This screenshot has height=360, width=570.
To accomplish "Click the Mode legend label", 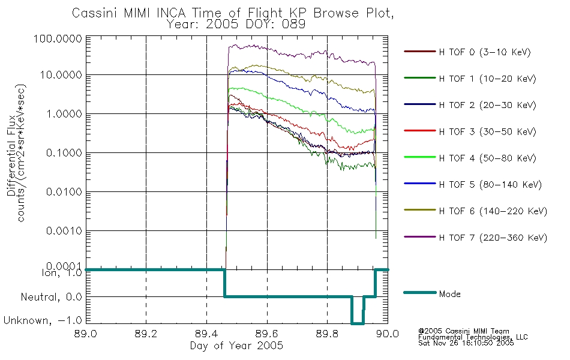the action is coord(449,294).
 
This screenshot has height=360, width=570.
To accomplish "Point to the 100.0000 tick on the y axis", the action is coord(58,39).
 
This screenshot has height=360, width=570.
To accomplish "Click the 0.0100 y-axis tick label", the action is coord(64,191).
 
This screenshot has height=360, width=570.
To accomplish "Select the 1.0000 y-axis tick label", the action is coord(64,114).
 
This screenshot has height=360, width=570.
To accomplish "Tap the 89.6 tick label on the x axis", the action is coord(267,334).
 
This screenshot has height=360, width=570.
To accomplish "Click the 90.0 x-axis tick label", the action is coord(388,334).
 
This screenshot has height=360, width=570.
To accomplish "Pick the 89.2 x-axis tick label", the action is coord(146,334).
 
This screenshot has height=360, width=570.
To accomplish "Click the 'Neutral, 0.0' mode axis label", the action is coord(51,298).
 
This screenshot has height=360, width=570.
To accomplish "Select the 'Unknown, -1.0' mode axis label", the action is coord(43,320).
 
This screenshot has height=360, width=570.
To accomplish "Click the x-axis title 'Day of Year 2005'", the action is coord(236,346).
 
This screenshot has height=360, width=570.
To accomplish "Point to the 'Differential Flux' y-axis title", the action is coord(11,155).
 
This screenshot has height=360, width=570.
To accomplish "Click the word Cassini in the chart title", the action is coord(95,13).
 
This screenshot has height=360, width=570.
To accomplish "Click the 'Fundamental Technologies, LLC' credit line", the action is coord(473,337).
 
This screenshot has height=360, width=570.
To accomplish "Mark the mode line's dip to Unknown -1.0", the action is coord(358,323).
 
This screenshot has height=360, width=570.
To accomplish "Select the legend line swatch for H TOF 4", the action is coord(419,157).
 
